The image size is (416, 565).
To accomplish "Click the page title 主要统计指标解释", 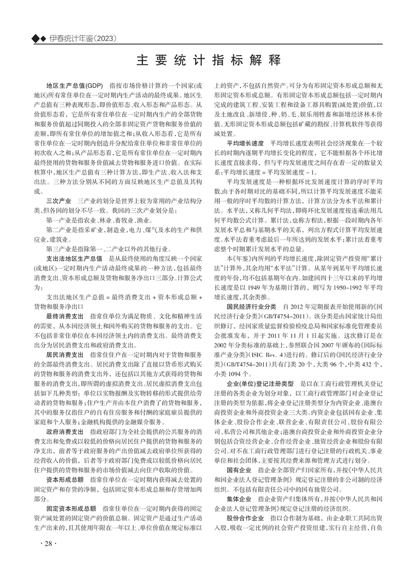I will (208, 59).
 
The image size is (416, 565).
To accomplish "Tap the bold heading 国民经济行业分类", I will (251, 306).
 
